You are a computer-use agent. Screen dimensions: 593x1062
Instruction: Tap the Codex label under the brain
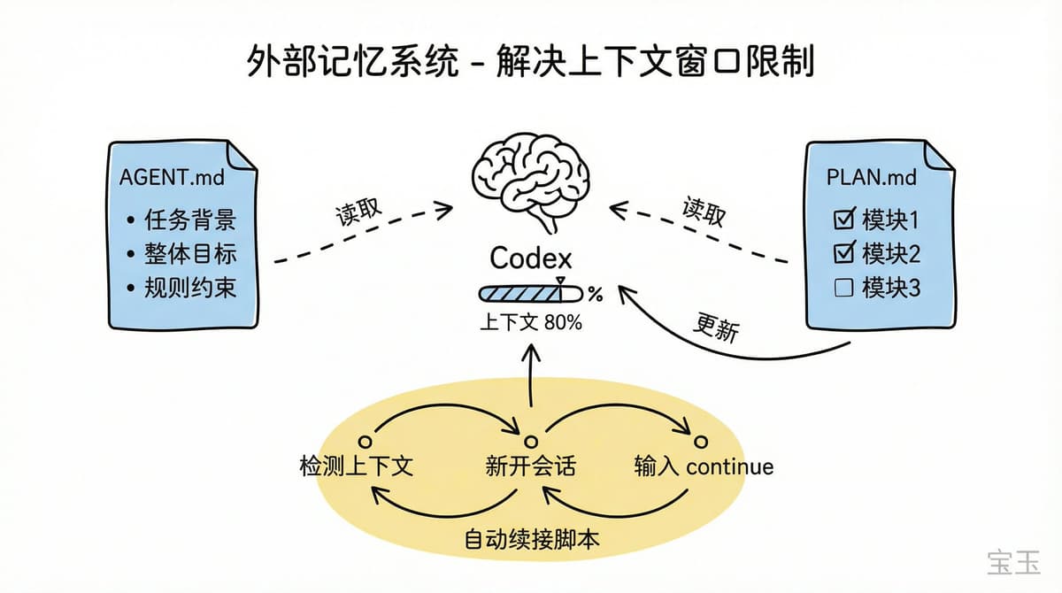[531, 258]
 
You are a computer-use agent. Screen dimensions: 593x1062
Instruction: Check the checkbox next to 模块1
[844, 219]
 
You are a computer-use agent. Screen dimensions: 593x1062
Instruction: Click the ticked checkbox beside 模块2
[844, 254]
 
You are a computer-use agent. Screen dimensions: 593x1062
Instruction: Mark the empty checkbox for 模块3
[844, 289]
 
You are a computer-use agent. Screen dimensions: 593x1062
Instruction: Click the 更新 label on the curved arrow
[716, 329]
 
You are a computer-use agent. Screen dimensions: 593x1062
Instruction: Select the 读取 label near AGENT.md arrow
[358, 212]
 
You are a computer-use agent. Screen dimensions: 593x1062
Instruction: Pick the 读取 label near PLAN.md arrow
[704, 212]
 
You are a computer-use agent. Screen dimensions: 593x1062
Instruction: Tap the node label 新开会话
[530, 466]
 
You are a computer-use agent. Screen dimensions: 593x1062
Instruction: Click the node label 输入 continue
[704, 466]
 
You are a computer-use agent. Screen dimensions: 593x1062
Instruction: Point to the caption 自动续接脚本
[532, 538]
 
